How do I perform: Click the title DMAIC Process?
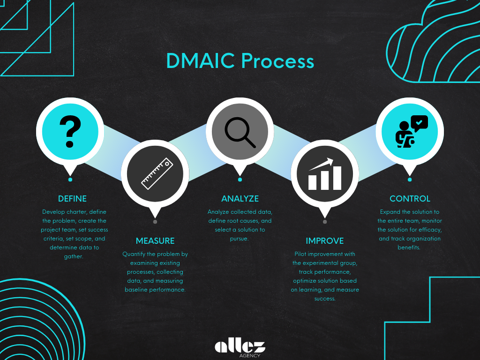point(240,61)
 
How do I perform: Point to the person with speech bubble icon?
point(410,131)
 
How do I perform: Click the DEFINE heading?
point(72,198)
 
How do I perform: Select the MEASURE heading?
point(155,241)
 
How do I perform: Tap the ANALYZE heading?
point(240,198)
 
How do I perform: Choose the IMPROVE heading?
point(325,241)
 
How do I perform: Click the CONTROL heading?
point(410,198)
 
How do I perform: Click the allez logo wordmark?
point(240,346)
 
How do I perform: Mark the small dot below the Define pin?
point(70,180)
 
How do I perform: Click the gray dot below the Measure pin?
point(155,222)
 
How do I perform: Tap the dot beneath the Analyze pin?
point(240,180)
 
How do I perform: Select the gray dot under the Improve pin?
point(325,222)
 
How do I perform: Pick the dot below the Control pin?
point(410,180)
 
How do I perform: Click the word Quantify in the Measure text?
point(134,254)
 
